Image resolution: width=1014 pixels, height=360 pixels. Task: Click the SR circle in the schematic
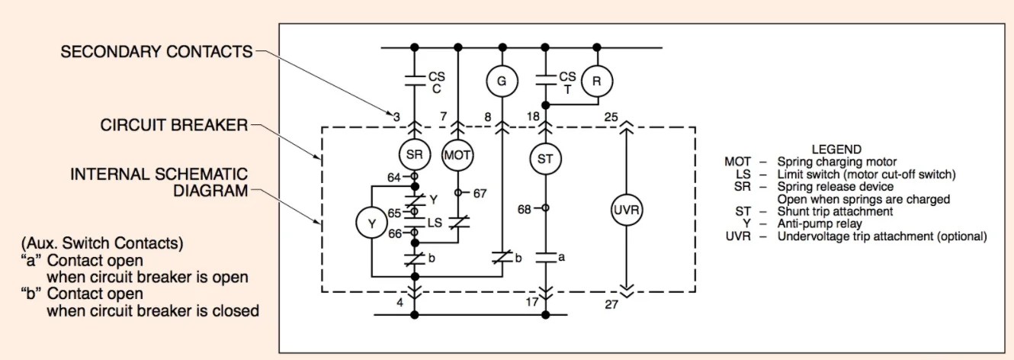pos(415,155)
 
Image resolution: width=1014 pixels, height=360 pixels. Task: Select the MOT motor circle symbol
pos(457,155)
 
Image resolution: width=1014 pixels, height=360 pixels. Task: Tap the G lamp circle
pos(502,80)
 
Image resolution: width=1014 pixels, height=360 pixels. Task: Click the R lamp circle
pos(597,80)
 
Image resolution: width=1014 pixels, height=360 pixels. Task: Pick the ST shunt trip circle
pos(545,159)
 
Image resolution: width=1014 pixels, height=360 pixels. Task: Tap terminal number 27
pos(610,304)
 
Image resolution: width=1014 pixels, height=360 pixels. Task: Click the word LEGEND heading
pos(836,149)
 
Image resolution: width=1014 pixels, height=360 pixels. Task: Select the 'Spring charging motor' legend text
pos(836,162)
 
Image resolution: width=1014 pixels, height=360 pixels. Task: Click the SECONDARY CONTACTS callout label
pos(156,52)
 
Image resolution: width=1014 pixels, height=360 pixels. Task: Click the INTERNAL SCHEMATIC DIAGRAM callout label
pos(160,182)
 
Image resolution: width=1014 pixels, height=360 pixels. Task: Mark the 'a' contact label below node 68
pos(562,257)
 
